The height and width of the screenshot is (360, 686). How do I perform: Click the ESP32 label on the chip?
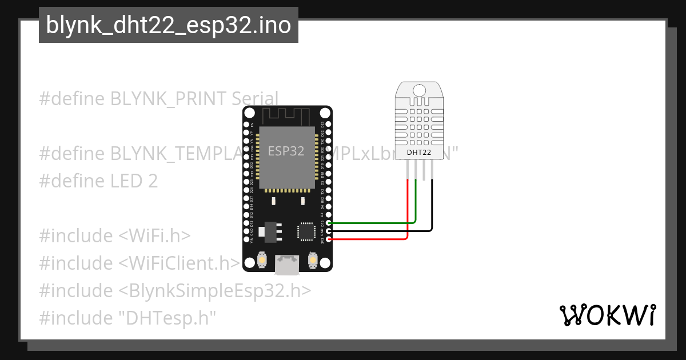(286, 151)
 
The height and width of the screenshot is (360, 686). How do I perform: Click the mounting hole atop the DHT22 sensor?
(419, 90)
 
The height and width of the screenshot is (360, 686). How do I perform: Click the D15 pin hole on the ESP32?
(329, 223)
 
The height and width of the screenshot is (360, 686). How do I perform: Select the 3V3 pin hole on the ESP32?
(329, 239)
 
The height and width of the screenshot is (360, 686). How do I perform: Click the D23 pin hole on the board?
(329, 124)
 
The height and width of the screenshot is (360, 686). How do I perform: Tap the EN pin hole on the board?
(246, 124)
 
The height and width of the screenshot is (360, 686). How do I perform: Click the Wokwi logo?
(607, 315)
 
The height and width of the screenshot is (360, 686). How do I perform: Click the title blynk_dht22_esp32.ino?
(168, 25)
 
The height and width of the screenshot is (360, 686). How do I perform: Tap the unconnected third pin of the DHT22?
(424, 170)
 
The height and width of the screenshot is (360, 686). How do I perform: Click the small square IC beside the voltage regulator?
(305, 231)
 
